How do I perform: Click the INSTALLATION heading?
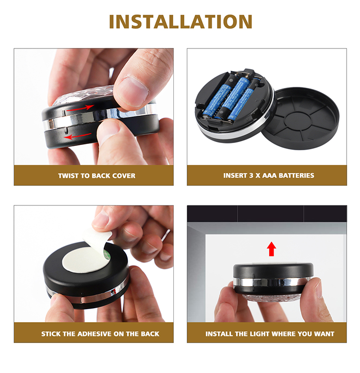[x=180, y=22]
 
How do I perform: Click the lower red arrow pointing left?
[x=78, y=136]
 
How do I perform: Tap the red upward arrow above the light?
[x=271, y=249]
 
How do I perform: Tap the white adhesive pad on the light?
[x=85, y=259]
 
